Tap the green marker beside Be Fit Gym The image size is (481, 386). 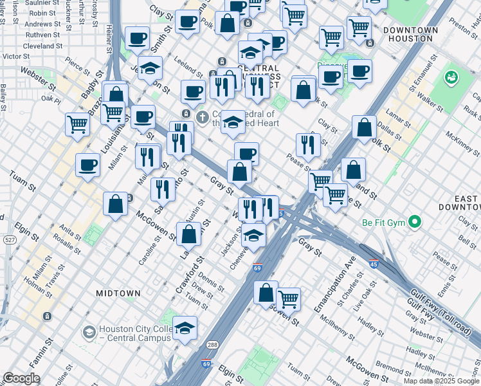point(415,223)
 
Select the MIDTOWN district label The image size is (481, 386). point(118,293)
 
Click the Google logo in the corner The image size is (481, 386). point(21,378)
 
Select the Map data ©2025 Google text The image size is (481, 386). point(440,381)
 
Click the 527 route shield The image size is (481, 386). point(9,239)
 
